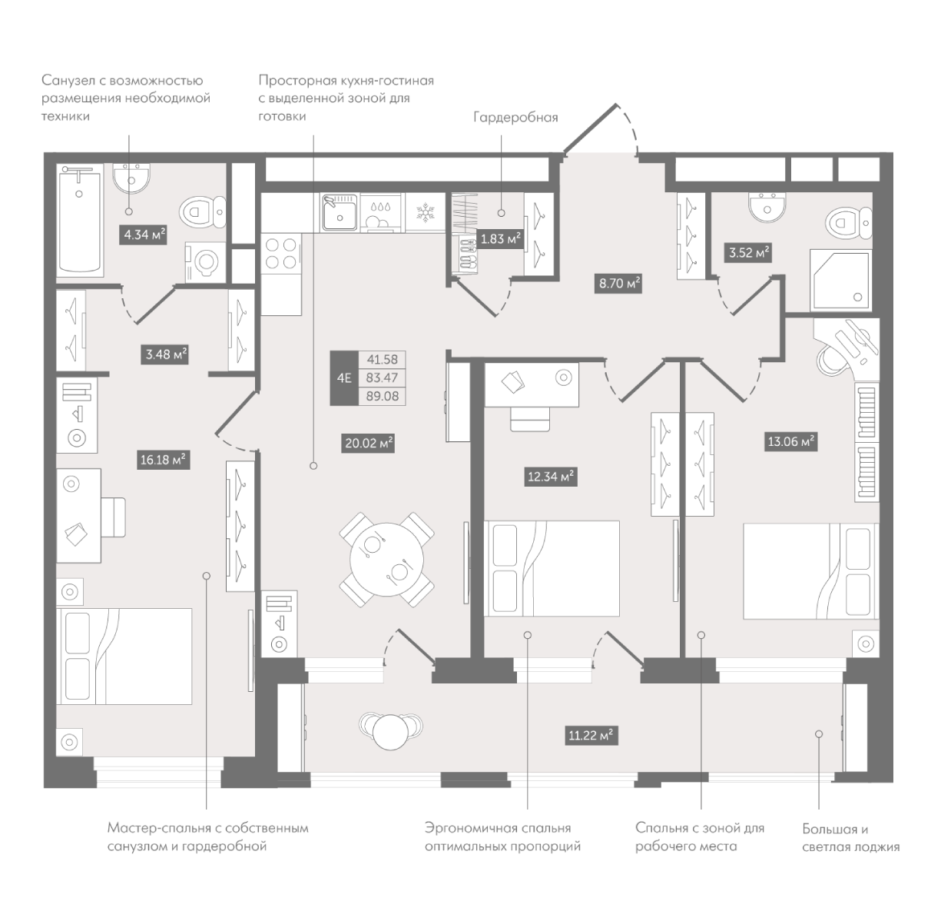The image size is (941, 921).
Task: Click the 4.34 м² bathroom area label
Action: [143, 234]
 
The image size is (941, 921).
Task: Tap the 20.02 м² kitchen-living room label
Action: [369, 443]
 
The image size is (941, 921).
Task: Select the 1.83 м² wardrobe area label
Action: [501, 238]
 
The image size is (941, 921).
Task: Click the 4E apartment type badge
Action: [344, 378]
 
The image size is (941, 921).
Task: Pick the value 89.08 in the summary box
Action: [382, 397]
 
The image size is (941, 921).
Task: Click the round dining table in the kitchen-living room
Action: [386, 560]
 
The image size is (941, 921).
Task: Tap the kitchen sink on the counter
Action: [340, 212]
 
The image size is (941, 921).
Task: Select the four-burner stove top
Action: [281, 253]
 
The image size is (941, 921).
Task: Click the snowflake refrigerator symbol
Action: [426, 212]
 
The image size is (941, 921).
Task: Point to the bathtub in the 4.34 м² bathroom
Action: [80, 220]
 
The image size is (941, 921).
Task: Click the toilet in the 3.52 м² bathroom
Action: [849, 224]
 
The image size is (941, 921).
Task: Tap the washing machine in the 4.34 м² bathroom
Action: [206, 263]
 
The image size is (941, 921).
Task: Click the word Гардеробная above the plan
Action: [515, 118]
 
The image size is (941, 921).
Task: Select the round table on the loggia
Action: [391, 732]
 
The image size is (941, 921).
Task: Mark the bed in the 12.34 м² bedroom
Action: [552, 568]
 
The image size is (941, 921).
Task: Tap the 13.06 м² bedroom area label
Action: [791, 441]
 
